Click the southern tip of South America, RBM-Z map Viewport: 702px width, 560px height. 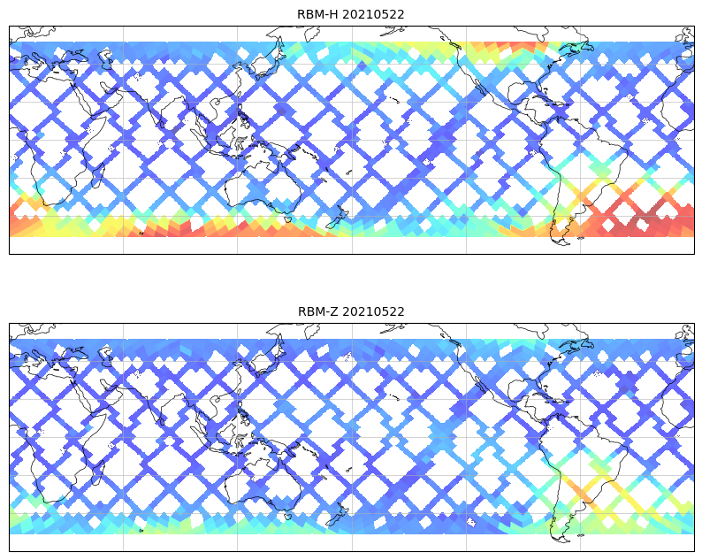(559, 536)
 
